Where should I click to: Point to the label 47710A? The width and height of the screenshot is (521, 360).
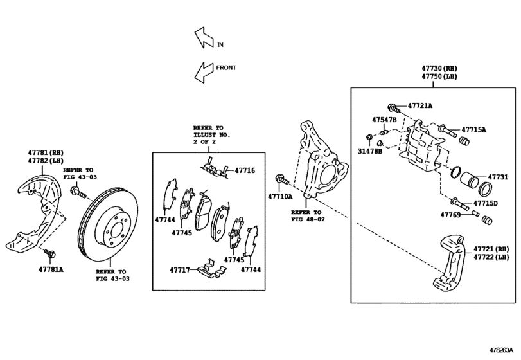(x=280, y=196)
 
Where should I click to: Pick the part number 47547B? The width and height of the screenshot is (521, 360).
(x=385, y=120)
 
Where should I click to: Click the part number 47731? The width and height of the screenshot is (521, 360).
(x=497, y=176)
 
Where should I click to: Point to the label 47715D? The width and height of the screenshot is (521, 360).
(x=486, y=203)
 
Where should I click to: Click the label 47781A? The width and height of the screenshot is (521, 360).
(x=51, y=269)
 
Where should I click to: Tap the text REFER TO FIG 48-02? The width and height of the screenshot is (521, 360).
(x=308, y=215)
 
